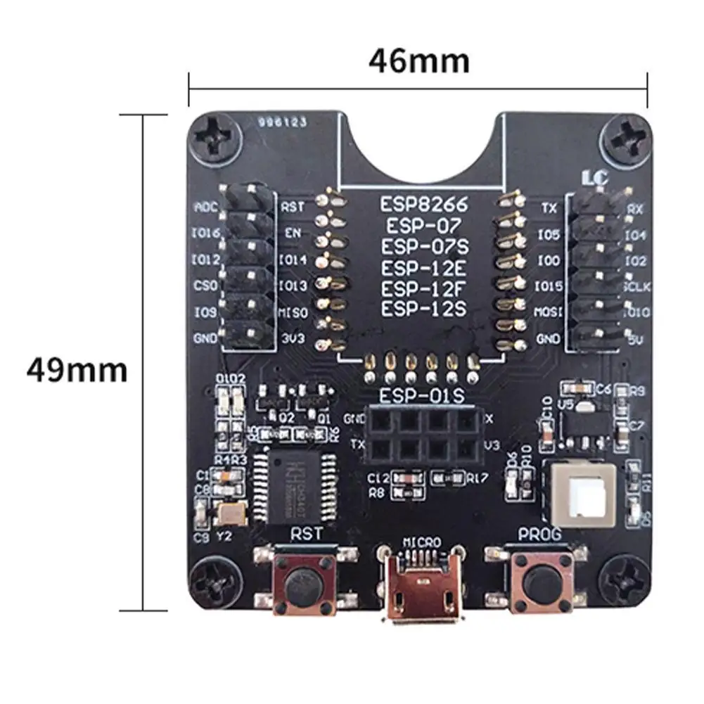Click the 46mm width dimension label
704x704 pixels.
pos(419,62)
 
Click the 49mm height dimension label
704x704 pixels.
pos(77,369)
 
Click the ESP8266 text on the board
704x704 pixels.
pos(423,205)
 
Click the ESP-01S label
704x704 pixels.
pos(422,396)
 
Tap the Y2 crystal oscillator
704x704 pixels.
pos(231,514)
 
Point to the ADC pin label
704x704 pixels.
pos(205,207)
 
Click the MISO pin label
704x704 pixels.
pos(294,312)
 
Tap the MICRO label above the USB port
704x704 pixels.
pos(422,542)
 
